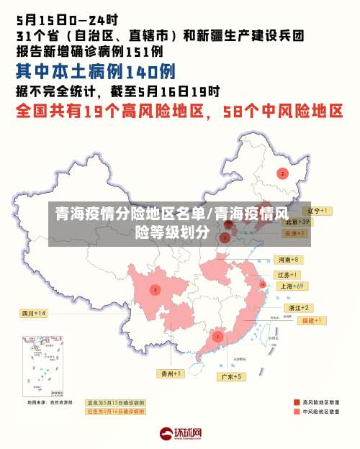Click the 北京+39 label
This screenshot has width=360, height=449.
point(295,222)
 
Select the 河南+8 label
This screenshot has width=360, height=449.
point(289,259)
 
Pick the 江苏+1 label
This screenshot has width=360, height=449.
point(289,275)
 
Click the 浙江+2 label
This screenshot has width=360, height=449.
point(296,307)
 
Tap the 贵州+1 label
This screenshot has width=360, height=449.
point(171,373)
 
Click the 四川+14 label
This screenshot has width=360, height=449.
point(33,313)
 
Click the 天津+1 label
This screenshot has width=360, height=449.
point(295,234)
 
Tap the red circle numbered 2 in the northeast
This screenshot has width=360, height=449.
point(282,173)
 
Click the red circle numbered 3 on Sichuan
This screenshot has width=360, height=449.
point(155,290)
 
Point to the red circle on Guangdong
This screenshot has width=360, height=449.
point(217,337)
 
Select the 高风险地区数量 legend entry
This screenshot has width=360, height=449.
point(318,402)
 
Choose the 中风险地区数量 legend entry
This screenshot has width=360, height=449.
point(318,412)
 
